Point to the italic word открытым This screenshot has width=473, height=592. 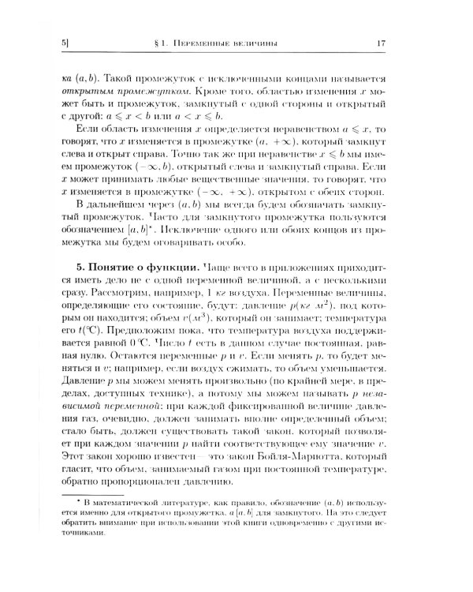pos(78,93)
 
